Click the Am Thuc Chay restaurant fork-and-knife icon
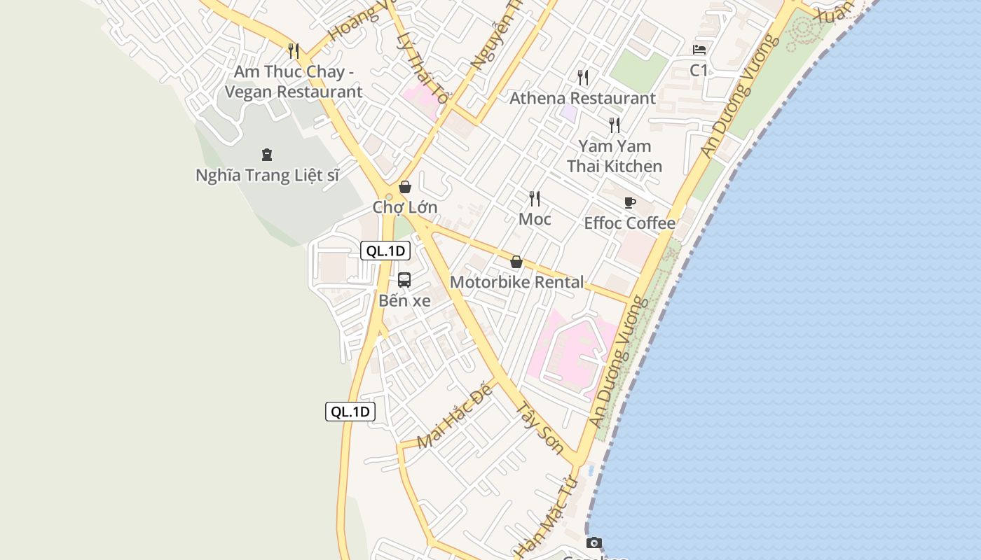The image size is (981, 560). [x=294, y=51]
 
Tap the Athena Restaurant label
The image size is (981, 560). [x=582, y=98]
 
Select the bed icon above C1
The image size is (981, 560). [x=699, y=50]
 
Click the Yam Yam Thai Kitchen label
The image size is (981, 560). [x=615, y=156]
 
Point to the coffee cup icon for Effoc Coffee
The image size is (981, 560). [x=630, y=203]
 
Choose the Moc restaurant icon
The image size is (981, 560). [x=535, y=199]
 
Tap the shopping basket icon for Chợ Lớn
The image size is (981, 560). [x=404, y=187]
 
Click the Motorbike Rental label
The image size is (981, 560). [x=516, y=282]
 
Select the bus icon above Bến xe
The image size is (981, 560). [x=404, y=280]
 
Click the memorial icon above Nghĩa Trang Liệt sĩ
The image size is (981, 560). [x=266, y=154]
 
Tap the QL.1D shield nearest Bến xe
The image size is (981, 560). [x=385, y=251]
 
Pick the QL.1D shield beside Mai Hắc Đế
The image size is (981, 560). [x=350, y=412]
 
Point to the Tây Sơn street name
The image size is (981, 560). [x=540, y=427]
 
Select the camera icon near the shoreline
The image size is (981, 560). [x=594, y=542]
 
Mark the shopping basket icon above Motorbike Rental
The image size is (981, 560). [x=516, y=262]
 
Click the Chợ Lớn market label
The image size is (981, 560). [x=405, y=207]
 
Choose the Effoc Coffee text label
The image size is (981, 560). [x=630, y=223]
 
